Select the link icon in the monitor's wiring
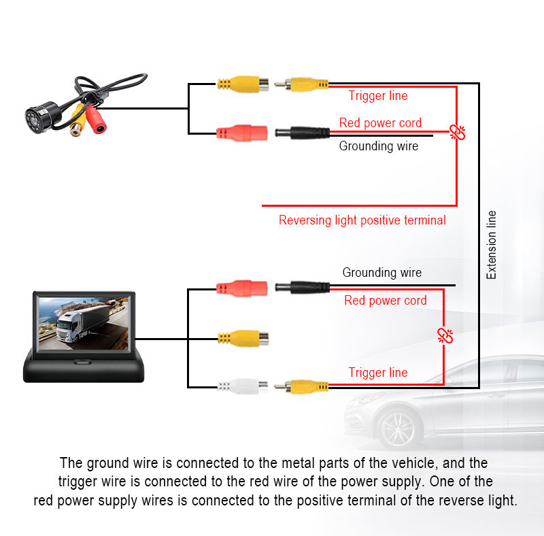click(445, 335)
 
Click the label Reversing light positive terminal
click(362, 220)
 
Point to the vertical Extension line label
click(492, 245)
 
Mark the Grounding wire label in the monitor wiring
click(381, 273)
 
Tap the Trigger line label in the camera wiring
click(378, 96)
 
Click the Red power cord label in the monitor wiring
click(385, 301)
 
